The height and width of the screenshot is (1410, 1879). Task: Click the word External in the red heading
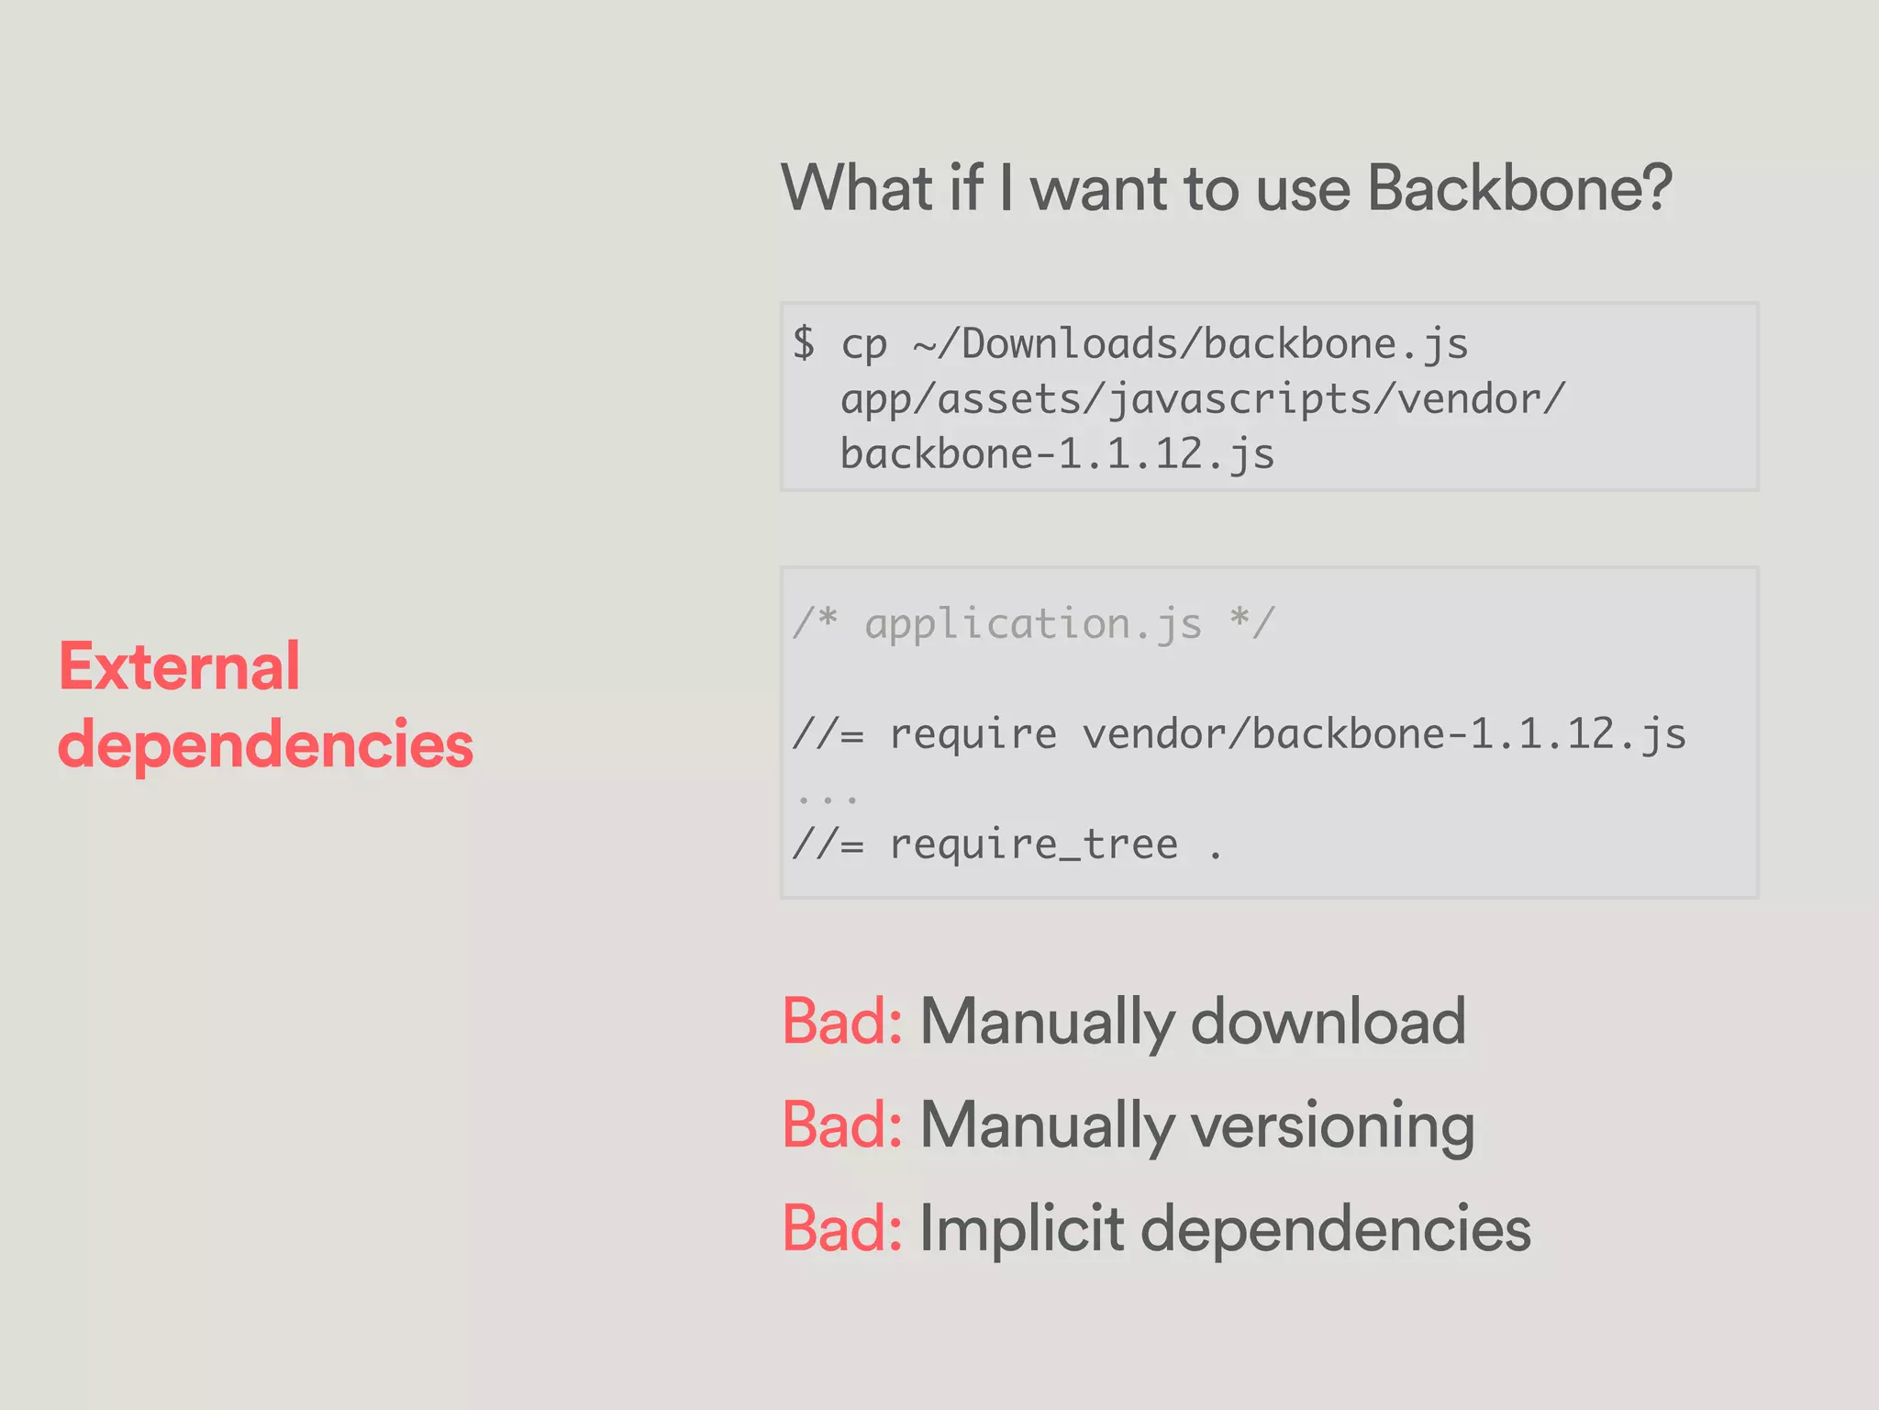click(x=179, y=666)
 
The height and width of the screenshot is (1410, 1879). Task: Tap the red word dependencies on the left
click(x=265, y=744)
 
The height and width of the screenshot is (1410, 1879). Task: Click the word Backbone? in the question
click(x=1519, y=189)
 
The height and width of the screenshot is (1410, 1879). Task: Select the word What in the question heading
click(x=857, y=189)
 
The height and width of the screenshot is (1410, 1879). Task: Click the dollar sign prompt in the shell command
click(x=804, y=343)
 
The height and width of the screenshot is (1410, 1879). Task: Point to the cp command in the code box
click(x=863, y=345)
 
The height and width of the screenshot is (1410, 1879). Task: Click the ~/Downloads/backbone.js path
click(x=1190, y=345)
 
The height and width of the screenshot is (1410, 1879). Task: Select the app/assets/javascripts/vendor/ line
click(x=1202, y=400)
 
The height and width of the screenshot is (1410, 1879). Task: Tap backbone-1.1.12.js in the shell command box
click(x=1057, y=454)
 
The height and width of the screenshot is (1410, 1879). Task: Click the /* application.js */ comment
click(x=1033, y=624)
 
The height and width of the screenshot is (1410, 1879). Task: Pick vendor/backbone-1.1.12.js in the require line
click(x=1384, y=734)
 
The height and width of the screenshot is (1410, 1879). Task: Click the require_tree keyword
click(x=1034, y=845)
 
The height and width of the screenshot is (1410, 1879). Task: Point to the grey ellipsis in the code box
click(x=827, y=799)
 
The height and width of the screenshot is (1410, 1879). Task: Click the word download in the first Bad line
click(x=1328, y=1022)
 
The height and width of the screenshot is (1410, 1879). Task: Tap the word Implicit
click(x=1021, y=1229)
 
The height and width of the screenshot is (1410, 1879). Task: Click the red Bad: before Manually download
click(x=842, y=1022)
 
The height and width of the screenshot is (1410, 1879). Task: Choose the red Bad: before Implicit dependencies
click(x=842, y=1229)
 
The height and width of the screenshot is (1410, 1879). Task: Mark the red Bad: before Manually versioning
click(x=842, y=1125)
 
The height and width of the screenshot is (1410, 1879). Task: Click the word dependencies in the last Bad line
click(x=1335, y=1229)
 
